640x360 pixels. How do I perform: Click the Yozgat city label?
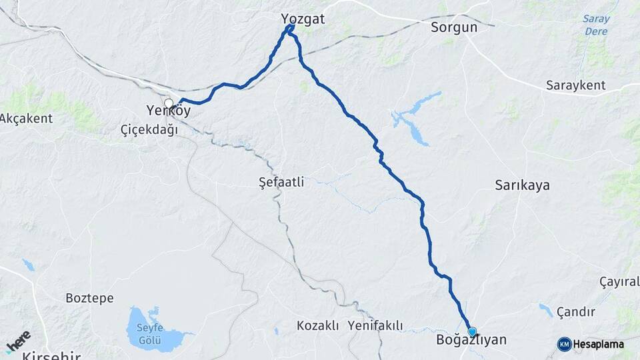[303, 19]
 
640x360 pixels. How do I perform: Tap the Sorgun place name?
[454, 27]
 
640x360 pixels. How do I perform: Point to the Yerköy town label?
[169, 111]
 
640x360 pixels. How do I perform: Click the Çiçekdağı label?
[149, 129]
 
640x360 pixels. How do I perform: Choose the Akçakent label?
[26, 118]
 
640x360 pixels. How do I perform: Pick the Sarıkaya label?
[522, 185]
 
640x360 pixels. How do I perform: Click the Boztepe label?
[89, 298]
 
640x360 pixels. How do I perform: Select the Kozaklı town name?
[318, 325]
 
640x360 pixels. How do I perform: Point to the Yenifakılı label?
[375, 325]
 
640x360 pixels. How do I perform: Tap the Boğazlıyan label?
[471, 340]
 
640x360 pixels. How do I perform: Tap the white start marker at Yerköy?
[169, 103]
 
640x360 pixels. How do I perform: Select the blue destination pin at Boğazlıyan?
[472, 331]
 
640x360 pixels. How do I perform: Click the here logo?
[18, 341]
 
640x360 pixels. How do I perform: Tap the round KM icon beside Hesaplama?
[564, 344]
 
